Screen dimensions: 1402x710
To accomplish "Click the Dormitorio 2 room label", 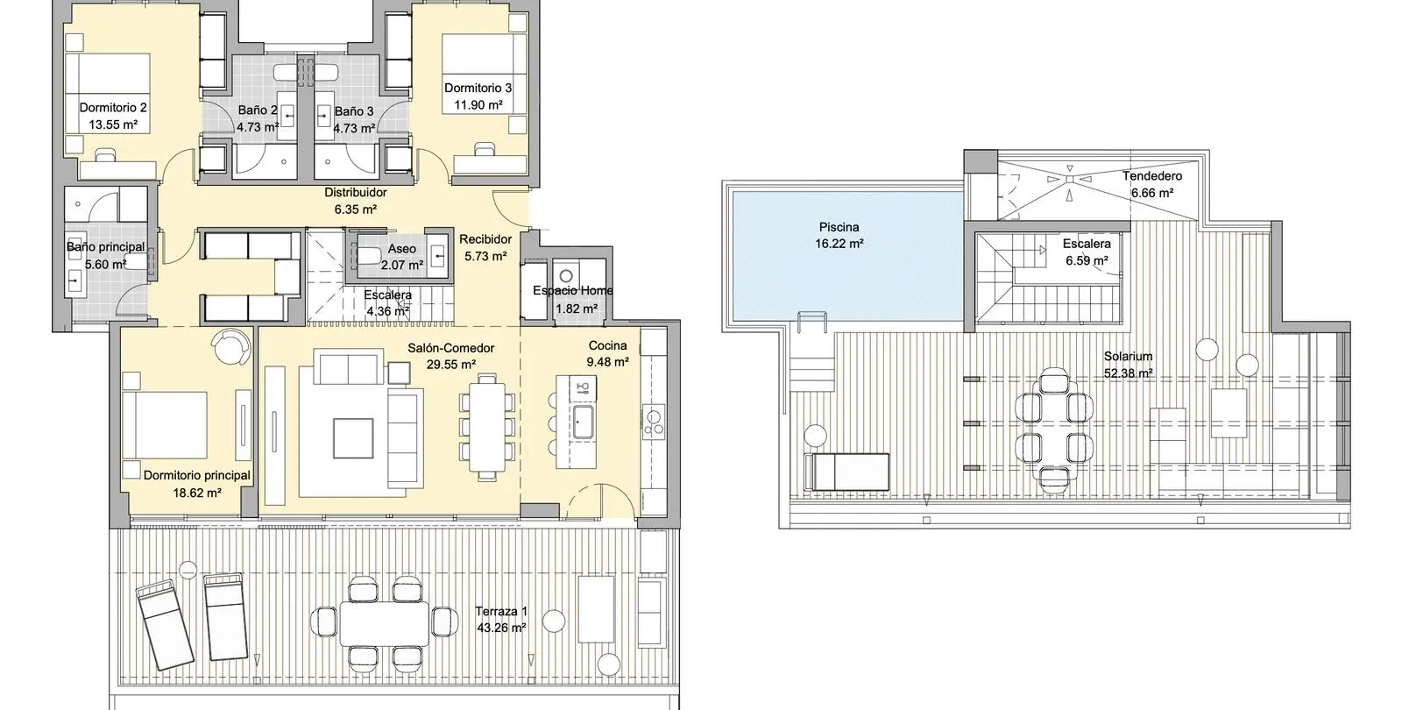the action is click(113, 108).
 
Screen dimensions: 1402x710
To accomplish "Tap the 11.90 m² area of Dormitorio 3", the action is click(478, 105).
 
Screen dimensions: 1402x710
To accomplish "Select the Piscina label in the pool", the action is click(839, 227).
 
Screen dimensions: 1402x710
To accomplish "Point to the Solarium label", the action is click(1128, 356).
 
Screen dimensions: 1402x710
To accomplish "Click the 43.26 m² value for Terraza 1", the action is click(500, 628).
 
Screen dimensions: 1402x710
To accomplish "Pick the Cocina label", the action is click(607, 345).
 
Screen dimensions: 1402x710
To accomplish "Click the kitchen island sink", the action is click(584, 422).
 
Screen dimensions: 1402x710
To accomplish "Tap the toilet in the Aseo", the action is click(368, 255).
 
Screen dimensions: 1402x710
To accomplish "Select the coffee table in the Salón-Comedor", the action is click(353, 438).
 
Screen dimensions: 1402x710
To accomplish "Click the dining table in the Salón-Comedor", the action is click(487, 428).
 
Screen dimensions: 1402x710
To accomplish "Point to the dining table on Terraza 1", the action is click(385, 623).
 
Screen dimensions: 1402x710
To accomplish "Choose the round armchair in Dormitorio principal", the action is click(231, 346).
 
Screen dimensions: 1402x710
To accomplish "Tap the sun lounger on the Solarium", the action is click(846, 472).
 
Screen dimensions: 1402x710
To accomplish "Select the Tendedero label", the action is click(1151, 176).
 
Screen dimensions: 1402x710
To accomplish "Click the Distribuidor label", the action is click(356, 192).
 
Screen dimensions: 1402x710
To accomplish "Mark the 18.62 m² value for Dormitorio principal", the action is click(197, 493).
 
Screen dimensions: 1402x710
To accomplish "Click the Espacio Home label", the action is click(573, 290).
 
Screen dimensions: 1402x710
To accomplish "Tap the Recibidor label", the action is click(485, 239).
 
